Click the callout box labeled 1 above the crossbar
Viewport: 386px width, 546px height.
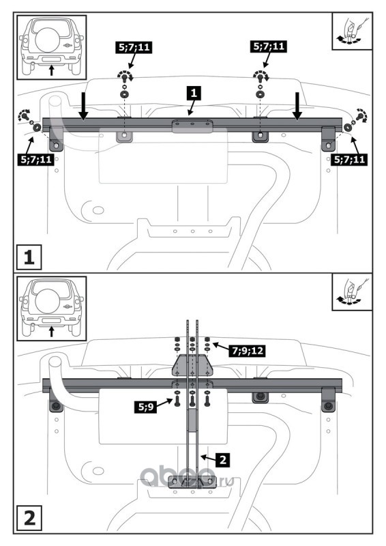194,94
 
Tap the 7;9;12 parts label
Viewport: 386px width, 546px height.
247,350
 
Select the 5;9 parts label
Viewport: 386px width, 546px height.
145,406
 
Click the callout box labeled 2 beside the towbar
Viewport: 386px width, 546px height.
223,459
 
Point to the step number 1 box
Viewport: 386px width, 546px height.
29,257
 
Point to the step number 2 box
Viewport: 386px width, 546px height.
29,518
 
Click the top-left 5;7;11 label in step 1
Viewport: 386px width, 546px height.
134,47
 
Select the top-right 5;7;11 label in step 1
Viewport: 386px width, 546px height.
269,46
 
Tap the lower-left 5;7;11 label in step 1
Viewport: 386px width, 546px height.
36,160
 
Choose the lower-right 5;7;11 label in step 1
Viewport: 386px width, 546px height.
349,160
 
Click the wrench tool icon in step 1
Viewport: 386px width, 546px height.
352,31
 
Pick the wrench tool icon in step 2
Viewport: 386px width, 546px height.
352,292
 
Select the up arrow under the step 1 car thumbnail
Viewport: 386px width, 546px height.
52,70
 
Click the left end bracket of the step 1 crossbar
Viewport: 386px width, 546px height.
56,139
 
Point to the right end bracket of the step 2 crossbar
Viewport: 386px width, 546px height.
328,400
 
